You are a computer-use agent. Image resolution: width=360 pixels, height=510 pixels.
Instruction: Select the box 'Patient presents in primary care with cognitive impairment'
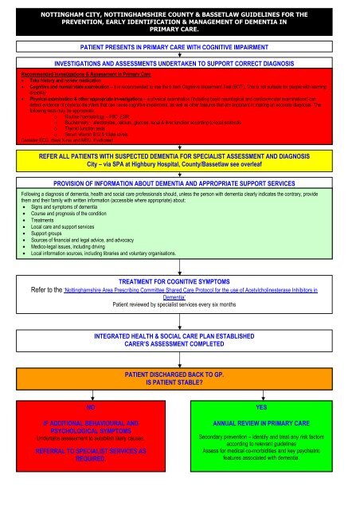point(179,48)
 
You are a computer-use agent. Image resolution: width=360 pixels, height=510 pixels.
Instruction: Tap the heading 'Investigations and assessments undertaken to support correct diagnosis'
point(179,61)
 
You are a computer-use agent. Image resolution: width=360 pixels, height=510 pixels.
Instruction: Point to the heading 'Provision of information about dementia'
point(179,182)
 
